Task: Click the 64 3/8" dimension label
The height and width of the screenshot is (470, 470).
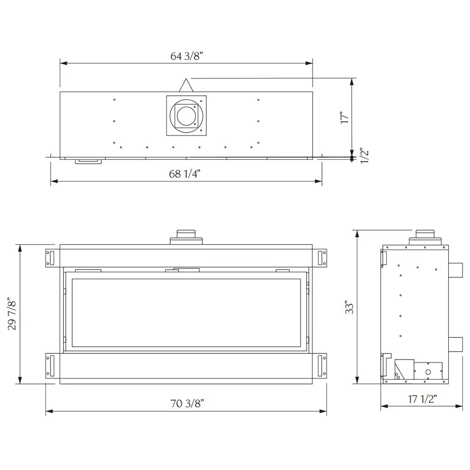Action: tap(187, 56)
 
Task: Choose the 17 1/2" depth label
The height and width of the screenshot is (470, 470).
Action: tap(422, 399)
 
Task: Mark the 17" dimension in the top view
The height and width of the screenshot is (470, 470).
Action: tap(345, 117)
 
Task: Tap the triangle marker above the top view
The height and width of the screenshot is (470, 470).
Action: tap(186, 85)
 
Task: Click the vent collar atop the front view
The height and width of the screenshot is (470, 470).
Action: tap(186, 238)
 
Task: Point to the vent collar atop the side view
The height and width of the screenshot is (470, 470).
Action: tap(425, 238)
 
